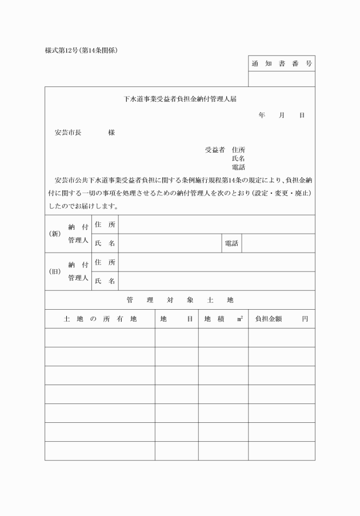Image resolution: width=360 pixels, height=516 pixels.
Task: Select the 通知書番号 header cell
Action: point(281,63)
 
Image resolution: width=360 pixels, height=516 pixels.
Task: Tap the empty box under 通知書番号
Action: point(281,79)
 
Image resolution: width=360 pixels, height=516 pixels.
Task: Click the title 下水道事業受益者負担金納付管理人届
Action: point(180,98)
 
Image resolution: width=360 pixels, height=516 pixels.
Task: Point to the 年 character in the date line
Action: point(262,115)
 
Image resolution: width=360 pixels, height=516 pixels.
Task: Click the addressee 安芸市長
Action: point(67,133)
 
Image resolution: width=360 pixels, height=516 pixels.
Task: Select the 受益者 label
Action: point(214,150)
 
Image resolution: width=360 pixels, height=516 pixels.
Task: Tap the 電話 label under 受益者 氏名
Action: point(238,167)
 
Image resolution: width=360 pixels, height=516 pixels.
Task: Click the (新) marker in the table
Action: point(55,234)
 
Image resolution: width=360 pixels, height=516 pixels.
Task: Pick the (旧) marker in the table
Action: point(55,271)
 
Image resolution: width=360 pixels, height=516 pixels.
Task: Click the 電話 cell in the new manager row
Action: point(231,243)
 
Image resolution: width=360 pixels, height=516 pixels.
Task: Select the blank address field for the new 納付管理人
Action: point(217,225)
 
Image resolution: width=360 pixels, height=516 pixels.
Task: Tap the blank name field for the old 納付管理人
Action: point(217,281)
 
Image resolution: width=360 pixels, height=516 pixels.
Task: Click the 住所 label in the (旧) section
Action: point(105,262)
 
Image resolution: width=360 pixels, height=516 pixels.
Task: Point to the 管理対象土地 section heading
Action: point(180,300)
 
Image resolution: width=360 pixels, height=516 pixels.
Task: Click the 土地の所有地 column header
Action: point(100,319)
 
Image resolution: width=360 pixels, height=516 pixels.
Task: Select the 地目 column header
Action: point(177,319)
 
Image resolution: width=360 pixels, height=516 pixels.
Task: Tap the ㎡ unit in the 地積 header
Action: point(239,318)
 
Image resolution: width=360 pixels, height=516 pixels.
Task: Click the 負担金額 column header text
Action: point(269,319)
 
